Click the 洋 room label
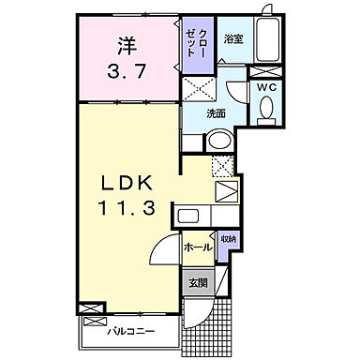pyautogui.click(x=127, y=43)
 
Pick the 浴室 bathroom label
pyautogui.click(x=233, y=39)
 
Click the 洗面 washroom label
pyautogui.click(x=217, y=112)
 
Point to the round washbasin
pyautogui.click(x=218, y=141)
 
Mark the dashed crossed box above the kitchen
pyautogui.click(x=221, y=166)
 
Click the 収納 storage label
pyautogui.click(x=229, y=241)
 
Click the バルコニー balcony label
pyautogui.click(x=130, y=331)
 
